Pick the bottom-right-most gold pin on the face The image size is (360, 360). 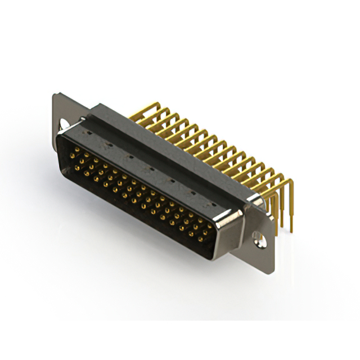pyautogui.click(x=200, y=238)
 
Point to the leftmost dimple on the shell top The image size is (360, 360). pyautogui.click(x=88, y=132)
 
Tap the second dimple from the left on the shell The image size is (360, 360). pyautogui.click(x=110, y=144)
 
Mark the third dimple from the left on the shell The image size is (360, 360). pyautogui.click(x=130, y=156)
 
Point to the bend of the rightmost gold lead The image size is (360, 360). pyautogui.click(x=290, y=183)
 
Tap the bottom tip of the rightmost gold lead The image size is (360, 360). pyautogui.click(x=291, y=229)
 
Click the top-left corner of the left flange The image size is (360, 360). pyautogui.click(x=54, y=94)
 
